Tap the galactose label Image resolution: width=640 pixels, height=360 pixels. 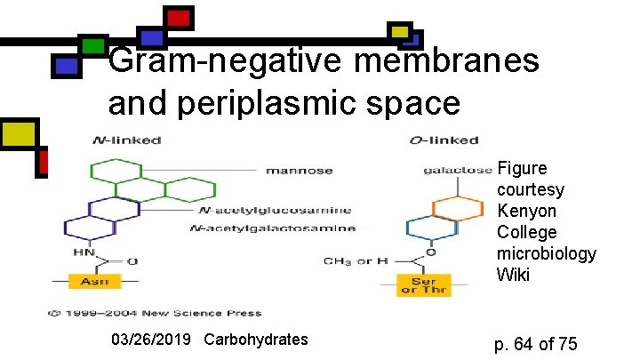457,169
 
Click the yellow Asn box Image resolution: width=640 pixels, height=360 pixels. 95,281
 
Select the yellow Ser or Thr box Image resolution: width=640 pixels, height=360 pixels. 424,284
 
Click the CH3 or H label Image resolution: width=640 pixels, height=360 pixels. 355,260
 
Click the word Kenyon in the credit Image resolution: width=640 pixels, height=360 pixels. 527,212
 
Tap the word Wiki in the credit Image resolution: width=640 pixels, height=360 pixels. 513,276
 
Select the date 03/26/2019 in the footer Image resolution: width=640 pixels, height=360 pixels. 153,340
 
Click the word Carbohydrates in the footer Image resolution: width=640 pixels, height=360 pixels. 256,340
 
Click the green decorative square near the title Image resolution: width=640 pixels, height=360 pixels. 92,45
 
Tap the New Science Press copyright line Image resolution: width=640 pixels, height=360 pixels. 155,313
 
